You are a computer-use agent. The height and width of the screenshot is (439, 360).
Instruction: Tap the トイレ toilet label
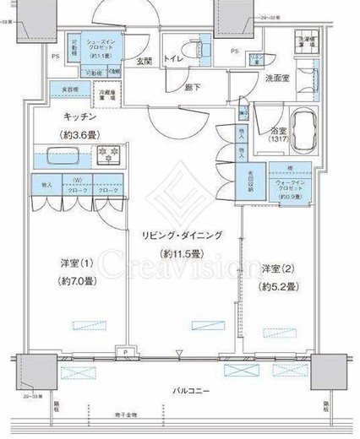point(173,61)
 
